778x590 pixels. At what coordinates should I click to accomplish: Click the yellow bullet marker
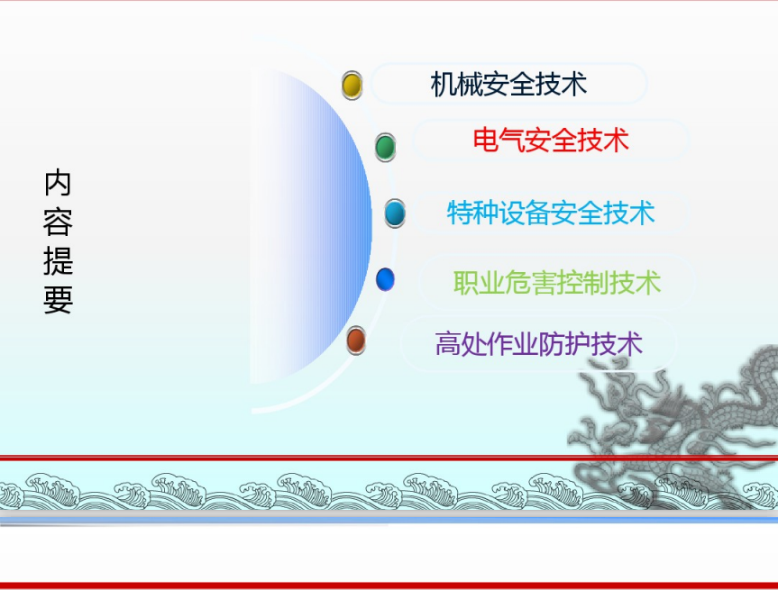[352, 86]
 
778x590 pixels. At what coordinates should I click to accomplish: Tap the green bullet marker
[385, 147]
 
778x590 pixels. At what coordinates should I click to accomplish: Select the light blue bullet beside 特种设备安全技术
[395, 213]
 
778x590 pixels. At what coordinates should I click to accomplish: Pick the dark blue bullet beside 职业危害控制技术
[385, 279]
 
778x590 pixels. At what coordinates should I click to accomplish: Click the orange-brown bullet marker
[356, 340]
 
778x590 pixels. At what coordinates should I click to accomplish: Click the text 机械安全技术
[508, 84]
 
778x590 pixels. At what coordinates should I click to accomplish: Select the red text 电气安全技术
[551, 140]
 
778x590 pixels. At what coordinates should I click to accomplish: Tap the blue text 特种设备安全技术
[551, 213]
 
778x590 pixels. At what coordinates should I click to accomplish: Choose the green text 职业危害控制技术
[557, 283]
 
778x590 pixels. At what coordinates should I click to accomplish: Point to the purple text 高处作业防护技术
[539, 343]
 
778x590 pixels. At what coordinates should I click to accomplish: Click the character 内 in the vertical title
[58, 183]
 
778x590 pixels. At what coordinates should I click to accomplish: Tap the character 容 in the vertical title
[58, 222]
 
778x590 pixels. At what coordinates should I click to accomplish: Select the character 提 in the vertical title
[58, 261]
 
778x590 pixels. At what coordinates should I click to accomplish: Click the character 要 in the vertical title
[58, 300]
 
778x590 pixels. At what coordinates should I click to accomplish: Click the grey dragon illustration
[680, 426]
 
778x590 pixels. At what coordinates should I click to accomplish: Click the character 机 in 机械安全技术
[443, 84]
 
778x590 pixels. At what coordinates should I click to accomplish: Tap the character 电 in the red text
[485, 140]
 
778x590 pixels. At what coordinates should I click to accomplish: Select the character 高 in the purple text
[447, 343]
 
